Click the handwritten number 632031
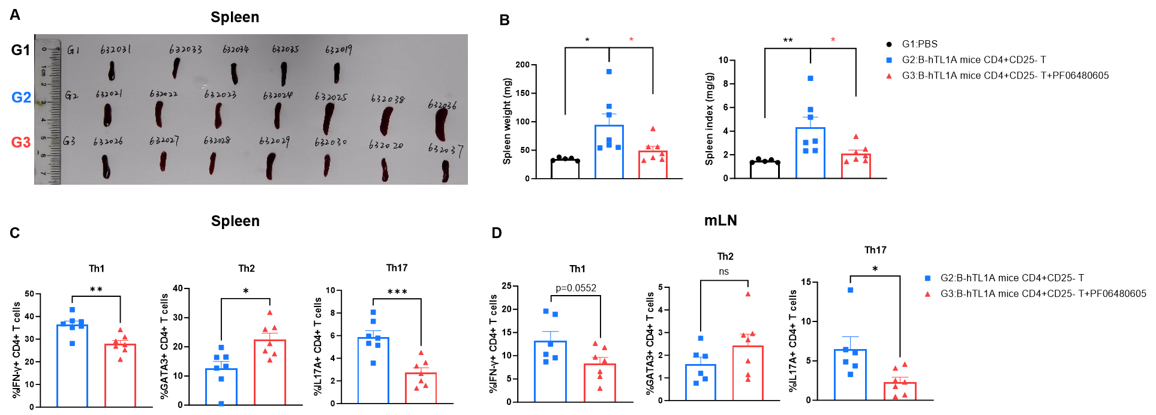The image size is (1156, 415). click(x=116, y=50)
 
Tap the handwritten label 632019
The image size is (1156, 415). click(x=338, y=50)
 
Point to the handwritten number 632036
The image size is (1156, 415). click(x=442, y=106)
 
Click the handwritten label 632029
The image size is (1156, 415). click(x=274, y=141)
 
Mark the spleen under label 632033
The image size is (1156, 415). click(x=176, y=68)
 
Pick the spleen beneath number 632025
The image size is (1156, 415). click(x=328, y=118)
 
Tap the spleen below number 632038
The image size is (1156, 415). click(x=386, y=121)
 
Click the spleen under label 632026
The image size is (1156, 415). click(x=106, y=166)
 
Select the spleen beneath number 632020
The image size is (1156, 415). click(x=385, y=170)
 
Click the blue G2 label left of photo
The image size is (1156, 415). click(x=22, y=98)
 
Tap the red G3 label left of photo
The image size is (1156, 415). click(x=21, y=142)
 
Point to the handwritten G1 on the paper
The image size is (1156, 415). click(x=73, y=50)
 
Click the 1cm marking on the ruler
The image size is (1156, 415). click(x=43, y=71)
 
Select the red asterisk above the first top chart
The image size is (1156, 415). click(x=631, y=40)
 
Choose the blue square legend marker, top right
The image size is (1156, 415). click(x=889, y=60)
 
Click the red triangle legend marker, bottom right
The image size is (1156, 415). click(x=927, y=294)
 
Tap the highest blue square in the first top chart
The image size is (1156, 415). click(x=609, y=71)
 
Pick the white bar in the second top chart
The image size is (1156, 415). click(x=765, y=170)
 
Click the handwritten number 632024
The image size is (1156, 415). click(x=277, y=95)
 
